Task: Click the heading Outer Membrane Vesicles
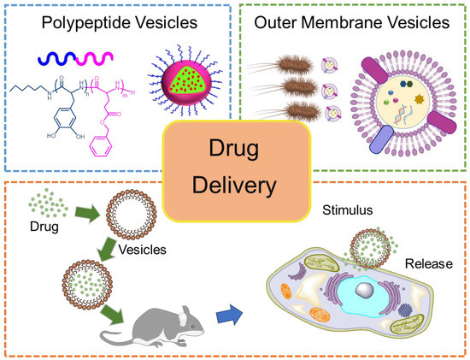coord(354,21)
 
